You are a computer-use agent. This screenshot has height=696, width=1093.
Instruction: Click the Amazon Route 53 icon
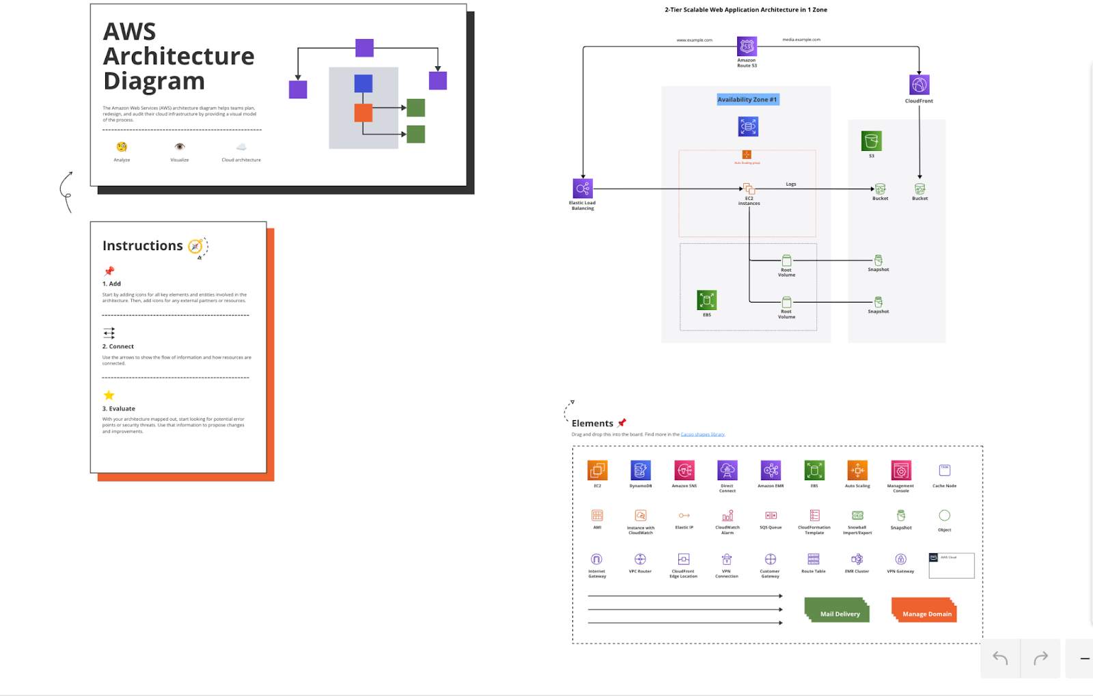747,46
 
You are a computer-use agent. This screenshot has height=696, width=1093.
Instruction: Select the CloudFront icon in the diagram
919,85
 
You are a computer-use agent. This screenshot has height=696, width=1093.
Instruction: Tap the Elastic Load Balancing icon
583,189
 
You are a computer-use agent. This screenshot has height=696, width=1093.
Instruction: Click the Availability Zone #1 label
747,100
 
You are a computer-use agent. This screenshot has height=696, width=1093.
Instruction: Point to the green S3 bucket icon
871,141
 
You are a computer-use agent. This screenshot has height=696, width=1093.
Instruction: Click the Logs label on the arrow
790,184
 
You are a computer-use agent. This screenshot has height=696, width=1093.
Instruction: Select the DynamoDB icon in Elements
640,470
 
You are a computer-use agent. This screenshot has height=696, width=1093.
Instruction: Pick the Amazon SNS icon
684,470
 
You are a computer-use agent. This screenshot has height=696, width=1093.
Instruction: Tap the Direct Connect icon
727,470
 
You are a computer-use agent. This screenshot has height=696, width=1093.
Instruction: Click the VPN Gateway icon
900,559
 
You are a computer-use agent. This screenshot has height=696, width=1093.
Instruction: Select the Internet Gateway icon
596,559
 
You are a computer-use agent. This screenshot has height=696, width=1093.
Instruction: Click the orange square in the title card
363,113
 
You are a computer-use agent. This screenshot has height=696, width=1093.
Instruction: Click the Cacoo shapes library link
702,434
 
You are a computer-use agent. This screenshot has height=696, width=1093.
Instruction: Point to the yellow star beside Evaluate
109,395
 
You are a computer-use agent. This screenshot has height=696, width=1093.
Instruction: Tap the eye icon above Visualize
180,147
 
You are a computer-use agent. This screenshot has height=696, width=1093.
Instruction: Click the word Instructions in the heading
143,246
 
